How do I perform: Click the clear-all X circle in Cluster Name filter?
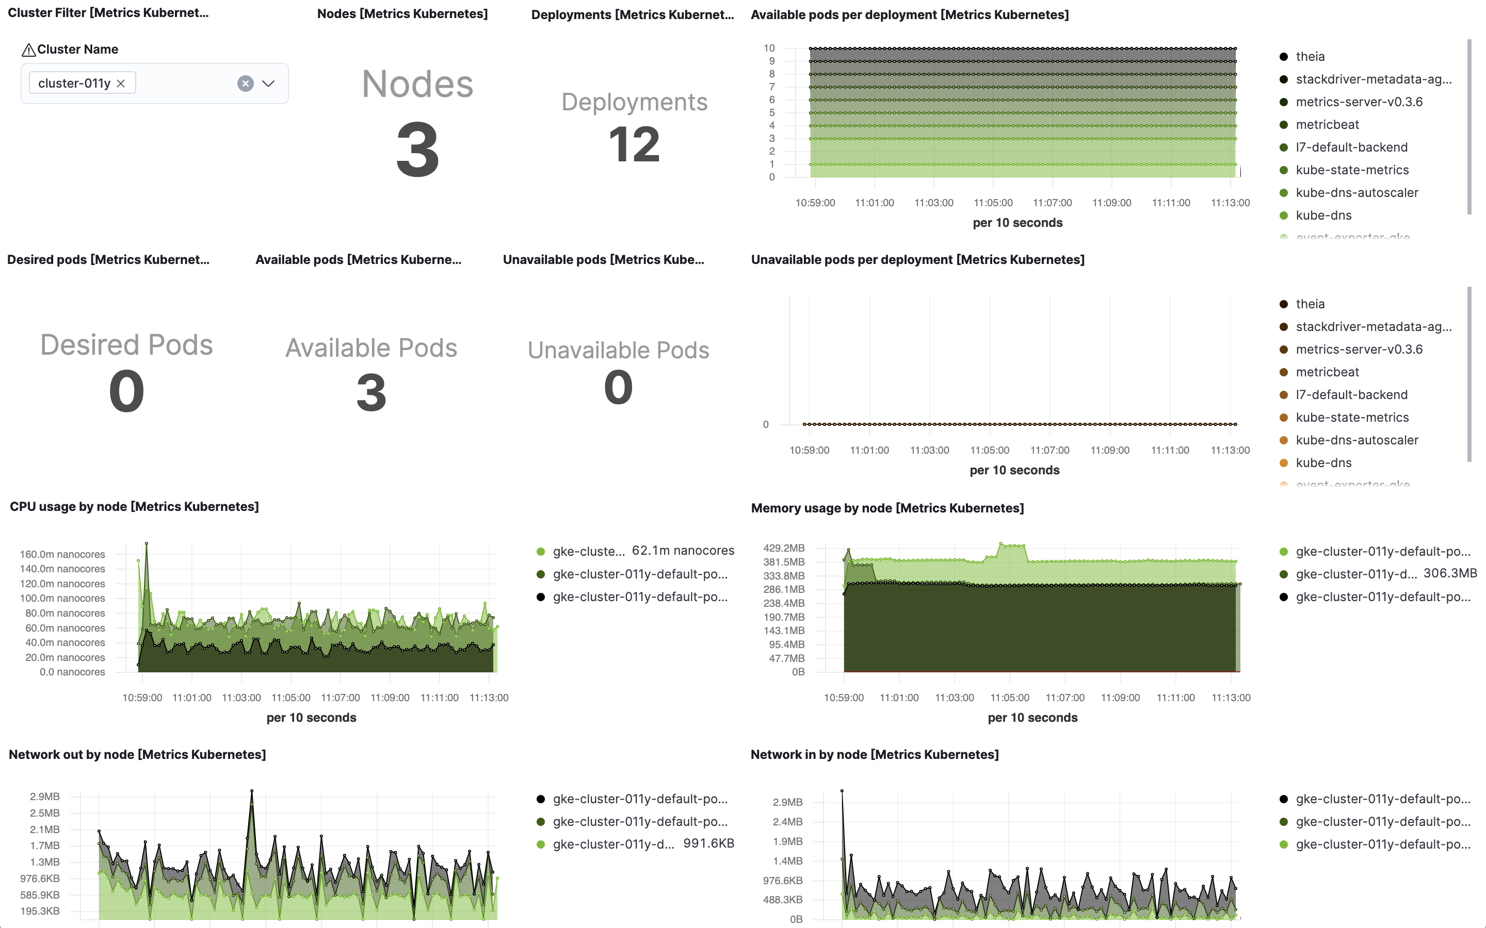coord(245,84)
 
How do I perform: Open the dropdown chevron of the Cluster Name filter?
coord(268,84)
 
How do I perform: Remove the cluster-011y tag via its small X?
coord(121,84)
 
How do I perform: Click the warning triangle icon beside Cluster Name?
coord(28,49)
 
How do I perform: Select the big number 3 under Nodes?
coord(417,150)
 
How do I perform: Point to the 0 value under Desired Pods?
coord(126,392)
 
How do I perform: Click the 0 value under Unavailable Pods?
coord(618,387)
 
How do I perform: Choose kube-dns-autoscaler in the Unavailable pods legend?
coord(1356,440)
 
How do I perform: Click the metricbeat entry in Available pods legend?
coord(1327,125)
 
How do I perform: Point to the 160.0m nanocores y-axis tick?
coord(62,554)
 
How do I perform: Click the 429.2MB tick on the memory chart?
coord(784,548)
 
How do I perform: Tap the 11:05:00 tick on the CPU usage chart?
coord(290,698)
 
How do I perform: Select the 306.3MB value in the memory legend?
coord(1450,573)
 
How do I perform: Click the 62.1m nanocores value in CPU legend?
coord(683,551)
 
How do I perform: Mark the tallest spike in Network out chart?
coord(252,792)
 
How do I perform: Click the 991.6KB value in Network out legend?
coord(708,843)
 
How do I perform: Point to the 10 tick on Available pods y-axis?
coord(769,48)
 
